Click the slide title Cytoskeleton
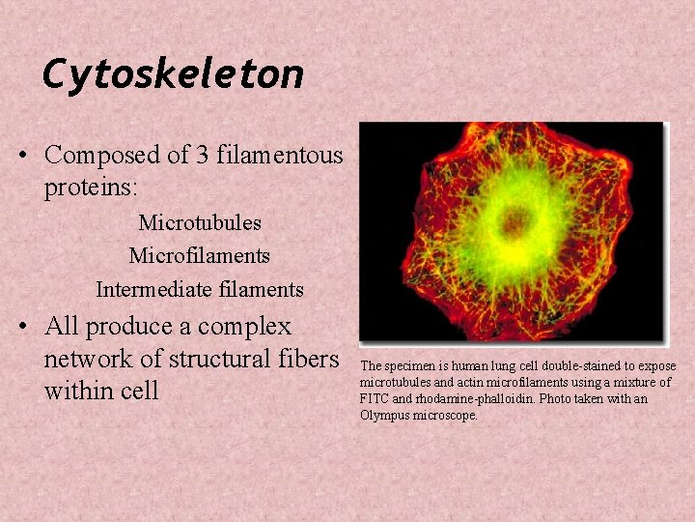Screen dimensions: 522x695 pyautogui.click(x=174, y=73)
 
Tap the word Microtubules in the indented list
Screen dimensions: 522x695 pyautogui.click(x=200, y=223)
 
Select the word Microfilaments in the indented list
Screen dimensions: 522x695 pyautogui.click(x=200, y=256)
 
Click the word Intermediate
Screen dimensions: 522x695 pyautogui.click(x=153, y=289)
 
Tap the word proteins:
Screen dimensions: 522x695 pyautogui.click(x=88, y=188)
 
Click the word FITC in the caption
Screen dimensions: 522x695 pyautogui.click(x=375, y=399)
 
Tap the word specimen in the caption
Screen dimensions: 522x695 pyautogui.click(x=409, y=366)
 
